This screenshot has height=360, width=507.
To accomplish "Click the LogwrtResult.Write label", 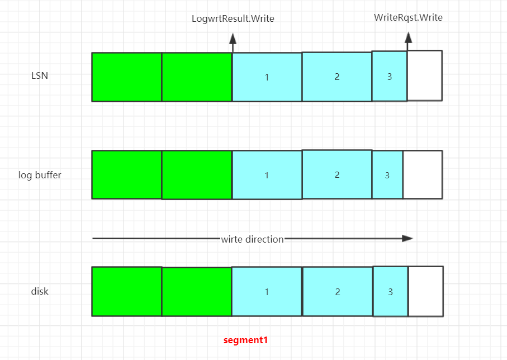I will coord(233,19).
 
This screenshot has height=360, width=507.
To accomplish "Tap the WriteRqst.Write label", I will coord(408,17).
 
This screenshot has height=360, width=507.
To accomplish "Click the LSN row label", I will coord(40,75).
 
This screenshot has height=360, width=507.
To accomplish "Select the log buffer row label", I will coord(40,175).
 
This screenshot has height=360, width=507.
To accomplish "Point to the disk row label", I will coord(40,291).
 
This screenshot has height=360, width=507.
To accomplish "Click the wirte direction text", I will coord(252,239).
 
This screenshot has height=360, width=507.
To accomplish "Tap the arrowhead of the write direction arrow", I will coord(408,238).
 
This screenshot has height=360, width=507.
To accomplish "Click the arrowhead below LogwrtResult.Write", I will coord(233,39).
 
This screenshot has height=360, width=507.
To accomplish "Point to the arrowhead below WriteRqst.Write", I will coord(409,37).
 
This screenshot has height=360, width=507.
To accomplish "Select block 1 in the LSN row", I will coord(267,77).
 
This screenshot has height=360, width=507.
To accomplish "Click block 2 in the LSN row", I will coord(337,77).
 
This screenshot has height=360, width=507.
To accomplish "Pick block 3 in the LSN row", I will coord(390,77).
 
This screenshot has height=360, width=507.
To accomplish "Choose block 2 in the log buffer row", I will coord(337,174).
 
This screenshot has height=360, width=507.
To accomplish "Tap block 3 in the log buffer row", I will coord(387,175).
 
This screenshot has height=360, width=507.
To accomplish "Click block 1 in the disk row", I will coord(267,292).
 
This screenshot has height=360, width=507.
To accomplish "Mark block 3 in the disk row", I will coord(390,292).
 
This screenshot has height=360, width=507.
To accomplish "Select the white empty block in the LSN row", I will coord(425,75).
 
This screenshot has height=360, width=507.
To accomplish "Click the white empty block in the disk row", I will coord(426,292).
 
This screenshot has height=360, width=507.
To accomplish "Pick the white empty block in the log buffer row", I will coord(423,174).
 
